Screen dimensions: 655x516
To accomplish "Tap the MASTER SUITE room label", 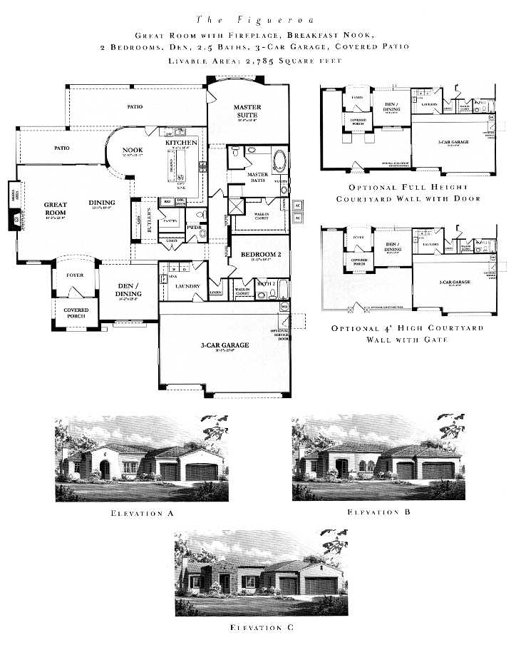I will pyautogui.click(x=248, y=111).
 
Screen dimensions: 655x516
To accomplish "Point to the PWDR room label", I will pyautogui.click(x=193, y=228).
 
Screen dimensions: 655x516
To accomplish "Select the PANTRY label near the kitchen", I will pyautogui.click(x=170, y=221).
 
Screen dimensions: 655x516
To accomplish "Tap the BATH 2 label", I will pyautogui.click(x=266, y=283).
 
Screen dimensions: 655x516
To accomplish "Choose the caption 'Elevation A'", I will pyautogui.click(x=141, y=512).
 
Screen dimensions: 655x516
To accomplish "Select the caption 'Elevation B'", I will pyautogui.click(x=378, y=512).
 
